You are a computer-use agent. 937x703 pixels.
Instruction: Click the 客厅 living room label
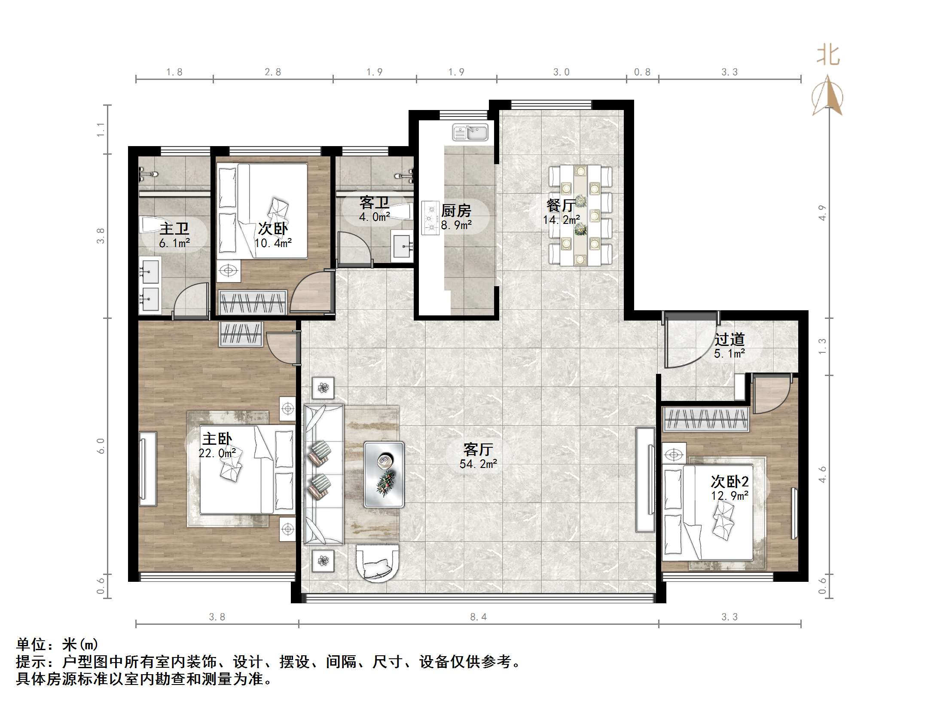coord(478,449)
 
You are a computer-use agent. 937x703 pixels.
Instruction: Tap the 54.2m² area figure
coord(478,464)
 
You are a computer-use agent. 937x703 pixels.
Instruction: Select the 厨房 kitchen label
coord(456,211)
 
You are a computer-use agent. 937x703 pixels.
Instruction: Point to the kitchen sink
coord(470,132)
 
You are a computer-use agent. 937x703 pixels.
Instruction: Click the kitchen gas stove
coord(430,218)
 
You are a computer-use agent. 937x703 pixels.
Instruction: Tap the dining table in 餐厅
coord(580,215)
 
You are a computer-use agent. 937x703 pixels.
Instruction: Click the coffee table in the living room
coord(384,474)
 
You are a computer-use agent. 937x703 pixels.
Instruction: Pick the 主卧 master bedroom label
coord(217,439)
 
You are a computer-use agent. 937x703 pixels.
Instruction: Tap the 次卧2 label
coord(729,481)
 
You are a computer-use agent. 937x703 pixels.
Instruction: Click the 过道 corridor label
coord(729,339)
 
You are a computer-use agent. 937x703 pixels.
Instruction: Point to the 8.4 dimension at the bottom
coord(478,617)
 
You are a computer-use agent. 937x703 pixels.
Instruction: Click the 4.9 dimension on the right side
coord(822,213)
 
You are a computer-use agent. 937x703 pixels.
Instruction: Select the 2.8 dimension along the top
coord(273,72)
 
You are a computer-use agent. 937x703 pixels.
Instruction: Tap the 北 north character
coord(828,56)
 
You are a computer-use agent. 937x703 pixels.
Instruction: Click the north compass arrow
coord(827,95)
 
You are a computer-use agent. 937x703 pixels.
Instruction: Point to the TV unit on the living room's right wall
coord(645,479)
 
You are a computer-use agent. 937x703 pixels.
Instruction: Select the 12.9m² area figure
coord(729,495)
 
